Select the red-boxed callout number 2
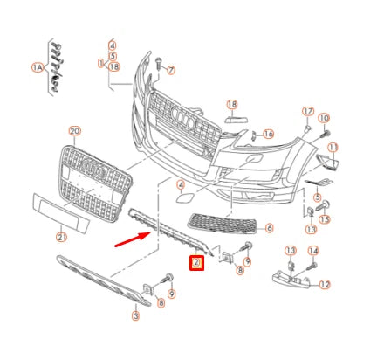point(196,262)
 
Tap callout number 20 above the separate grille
point(74,131)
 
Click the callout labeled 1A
point(37,66)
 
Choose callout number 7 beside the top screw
point(171,70)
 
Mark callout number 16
point(268,134)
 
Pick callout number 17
point(307,111)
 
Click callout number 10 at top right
point(324,118)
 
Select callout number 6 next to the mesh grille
point(269,228)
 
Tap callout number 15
point(324,218)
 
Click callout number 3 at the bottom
point(136,315)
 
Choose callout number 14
point(313,252)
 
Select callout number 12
point(325,284)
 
